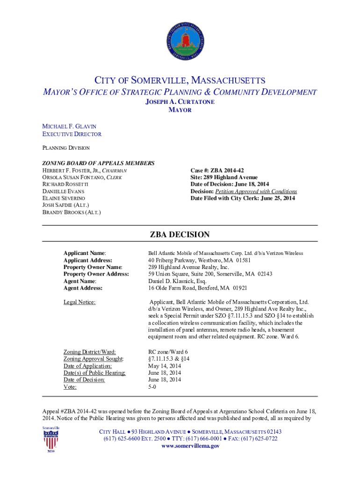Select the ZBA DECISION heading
point(180,235)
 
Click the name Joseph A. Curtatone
point(180,102)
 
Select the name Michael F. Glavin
point(69,126)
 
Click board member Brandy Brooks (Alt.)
point(72,212)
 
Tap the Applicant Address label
point(88,260)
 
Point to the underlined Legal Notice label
point(79,302)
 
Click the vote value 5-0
point(152,387)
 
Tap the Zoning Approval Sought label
point(94,359)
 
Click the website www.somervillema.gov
point(190,446)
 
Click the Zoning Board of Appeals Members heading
point(99,163)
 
